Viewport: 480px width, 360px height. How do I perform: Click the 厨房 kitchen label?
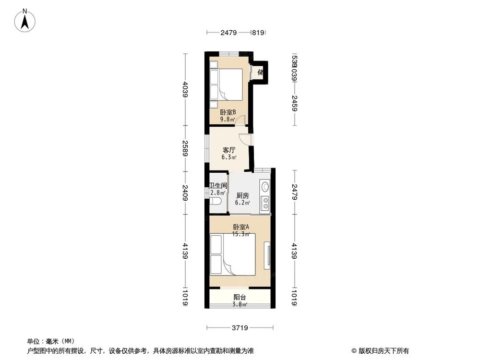point(242,195)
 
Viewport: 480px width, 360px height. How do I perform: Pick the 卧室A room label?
point(240,227)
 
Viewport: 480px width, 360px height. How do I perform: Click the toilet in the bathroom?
point(216,201)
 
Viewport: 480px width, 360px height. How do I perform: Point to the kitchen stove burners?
point(264,203)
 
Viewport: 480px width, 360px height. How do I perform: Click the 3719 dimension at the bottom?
point(240,328)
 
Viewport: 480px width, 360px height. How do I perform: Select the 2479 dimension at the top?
point(229,33)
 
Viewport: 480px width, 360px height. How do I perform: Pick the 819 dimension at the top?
point(258,33)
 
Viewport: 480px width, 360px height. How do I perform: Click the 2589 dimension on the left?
point(185,148)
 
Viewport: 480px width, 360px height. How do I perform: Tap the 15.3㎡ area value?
point(240,234)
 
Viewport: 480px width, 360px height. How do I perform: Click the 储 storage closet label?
point(261,72)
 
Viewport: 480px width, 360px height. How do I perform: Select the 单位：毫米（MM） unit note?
point(51,341)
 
